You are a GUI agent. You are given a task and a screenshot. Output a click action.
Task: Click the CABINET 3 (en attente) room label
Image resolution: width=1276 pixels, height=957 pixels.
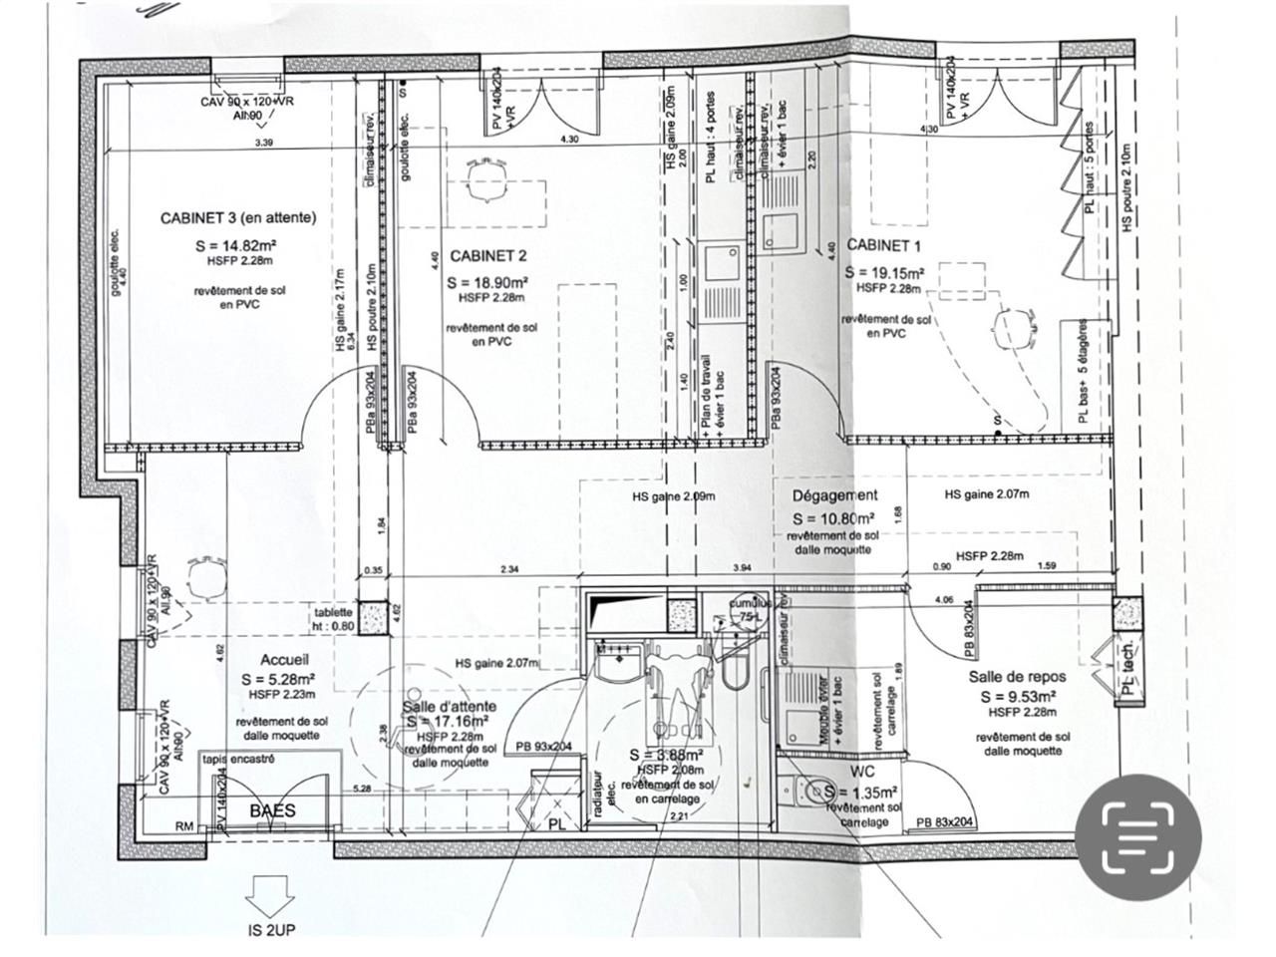(x=238, y=217)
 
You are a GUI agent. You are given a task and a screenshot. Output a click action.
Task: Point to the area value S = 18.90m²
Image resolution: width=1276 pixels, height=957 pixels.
(x=487, y=282)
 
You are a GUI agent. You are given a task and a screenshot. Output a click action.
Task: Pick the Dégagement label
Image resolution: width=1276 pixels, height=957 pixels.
(x=834, y=495)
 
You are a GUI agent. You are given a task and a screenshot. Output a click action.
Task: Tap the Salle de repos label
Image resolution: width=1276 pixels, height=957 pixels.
(x=1017, y=677)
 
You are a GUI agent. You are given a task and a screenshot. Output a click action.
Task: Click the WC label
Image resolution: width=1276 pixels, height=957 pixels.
(x=863, y=772)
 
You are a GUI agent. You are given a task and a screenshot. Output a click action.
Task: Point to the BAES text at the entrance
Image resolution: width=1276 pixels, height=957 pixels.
(x=272, y=811)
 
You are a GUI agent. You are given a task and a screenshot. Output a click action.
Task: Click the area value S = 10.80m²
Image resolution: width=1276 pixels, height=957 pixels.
(x=833, y=519)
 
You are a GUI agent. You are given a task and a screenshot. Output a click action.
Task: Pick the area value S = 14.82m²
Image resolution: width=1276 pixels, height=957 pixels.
(x=238, y=245)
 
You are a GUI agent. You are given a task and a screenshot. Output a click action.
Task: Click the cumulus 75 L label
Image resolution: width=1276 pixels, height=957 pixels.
(x=750, y=610)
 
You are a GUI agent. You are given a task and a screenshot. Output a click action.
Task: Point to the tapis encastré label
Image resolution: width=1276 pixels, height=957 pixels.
(x=238, y=760)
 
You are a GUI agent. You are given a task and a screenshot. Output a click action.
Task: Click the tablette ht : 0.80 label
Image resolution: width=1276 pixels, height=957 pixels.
(x=333, y=619)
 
